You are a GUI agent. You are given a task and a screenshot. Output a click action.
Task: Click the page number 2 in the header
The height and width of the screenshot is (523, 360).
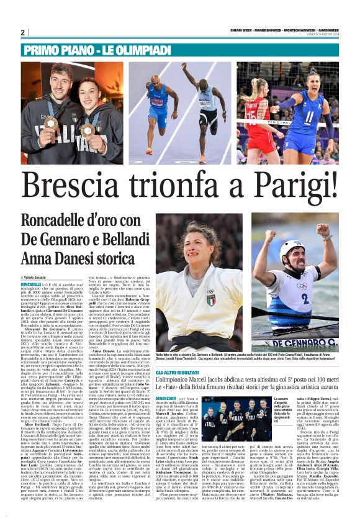click(x=22, y=32)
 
